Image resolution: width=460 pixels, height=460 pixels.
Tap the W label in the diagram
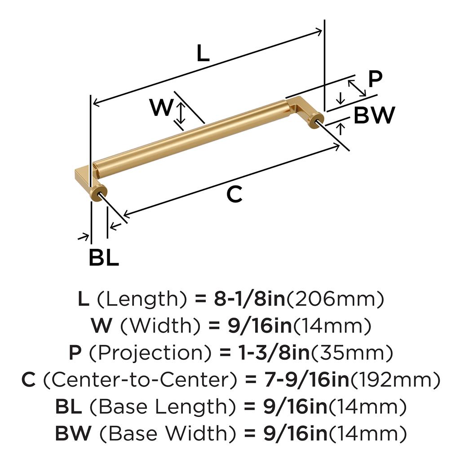161,107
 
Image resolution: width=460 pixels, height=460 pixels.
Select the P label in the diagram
375,79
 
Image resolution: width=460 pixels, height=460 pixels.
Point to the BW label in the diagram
374,115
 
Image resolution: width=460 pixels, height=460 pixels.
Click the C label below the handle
234,194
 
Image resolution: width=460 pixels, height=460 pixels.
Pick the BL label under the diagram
104,258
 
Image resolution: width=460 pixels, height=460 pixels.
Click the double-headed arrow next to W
181,113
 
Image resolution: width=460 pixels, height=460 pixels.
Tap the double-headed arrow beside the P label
357,88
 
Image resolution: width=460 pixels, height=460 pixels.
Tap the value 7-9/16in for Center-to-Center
307,380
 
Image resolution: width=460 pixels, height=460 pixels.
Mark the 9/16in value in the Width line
260,326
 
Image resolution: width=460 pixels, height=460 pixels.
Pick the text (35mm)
352,353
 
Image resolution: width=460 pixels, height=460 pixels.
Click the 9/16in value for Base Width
296,433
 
